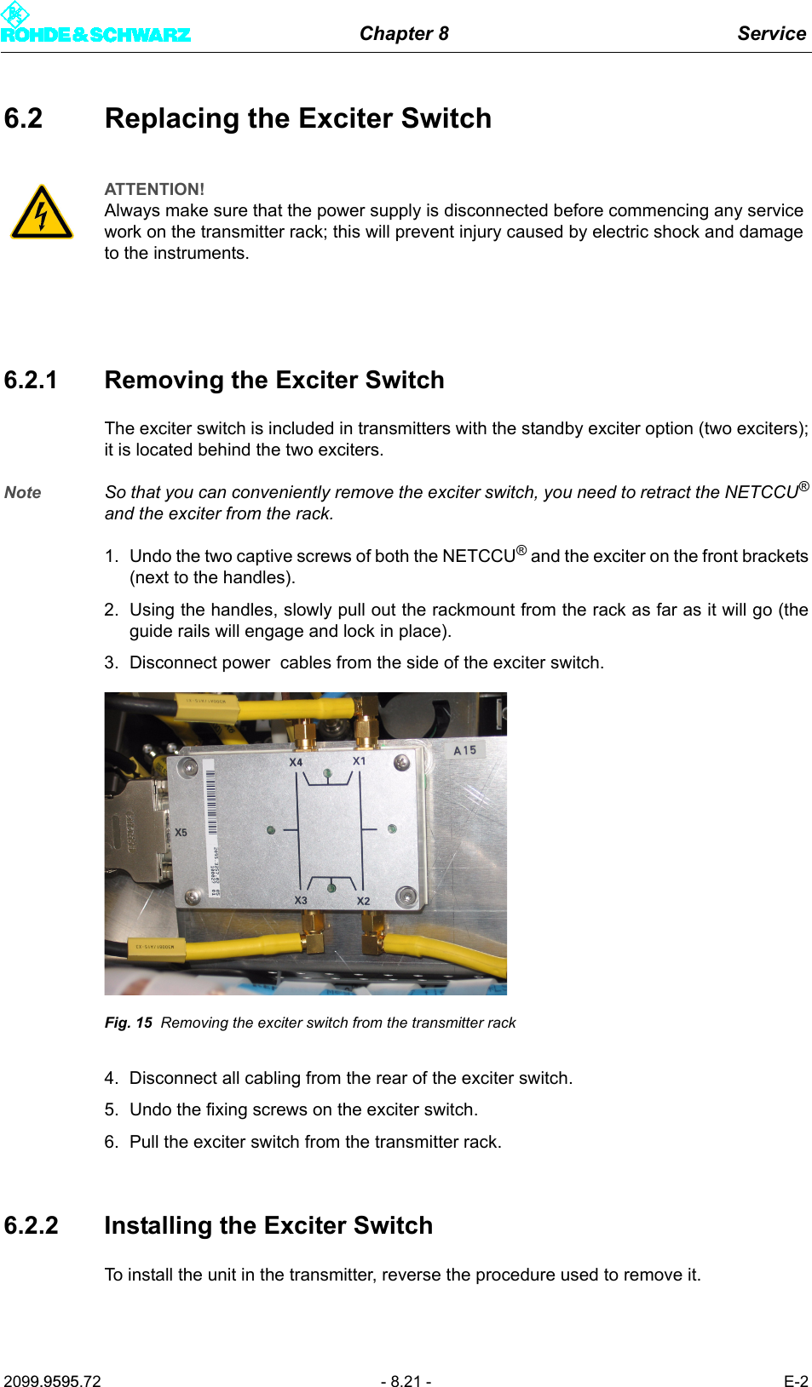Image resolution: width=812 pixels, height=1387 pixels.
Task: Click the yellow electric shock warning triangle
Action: click(42, 213)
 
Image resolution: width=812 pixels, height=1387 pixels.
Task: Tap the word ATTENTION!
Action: click(154, 189)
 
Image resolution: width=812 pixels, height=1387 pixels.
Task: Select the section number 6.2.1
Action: click(31, 380)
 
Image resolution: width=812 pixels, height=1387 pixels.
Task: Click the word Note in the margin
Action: click(23, 492)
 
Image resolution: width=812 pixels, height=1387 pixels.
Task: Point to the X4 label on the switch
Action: click(296, 762)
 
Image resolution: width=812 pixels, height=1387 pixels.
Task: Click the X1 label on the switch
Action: click(360, 761)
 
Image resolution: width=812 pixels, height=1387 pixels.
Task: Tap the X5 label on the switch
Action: click(181, 833)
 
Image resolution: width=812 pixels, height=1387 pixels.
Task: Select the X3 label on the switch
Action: click(301, 900)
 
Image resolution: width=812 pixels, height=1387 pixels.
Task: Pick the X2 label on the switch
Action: click(364, 901)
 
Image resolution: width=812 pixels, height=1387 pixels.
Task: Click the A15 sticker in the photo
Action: click(465, 750)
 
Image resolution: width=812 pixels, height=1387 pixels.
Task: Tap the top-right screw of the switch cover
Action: click(401, 763)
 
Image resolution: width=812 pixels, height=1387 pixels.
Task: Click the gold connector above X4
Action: click(304, 732)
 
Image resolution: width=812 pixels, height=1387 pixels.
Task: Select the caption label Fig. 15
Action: click(129, 1023)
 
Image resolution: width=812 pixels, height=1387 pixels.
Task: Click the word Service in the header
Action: click(771, 33)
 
